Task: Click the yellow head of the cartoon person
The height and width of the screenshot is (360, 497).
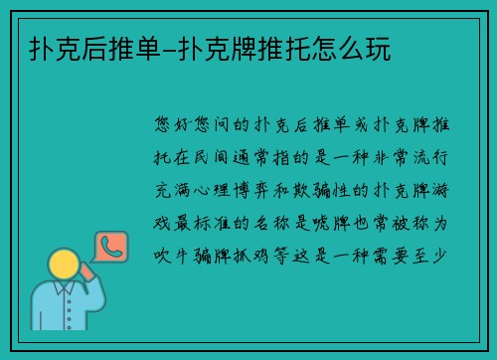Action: pos(65,264)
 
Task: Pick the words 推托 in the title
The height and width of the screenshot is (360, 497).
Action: pos(288,47)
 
